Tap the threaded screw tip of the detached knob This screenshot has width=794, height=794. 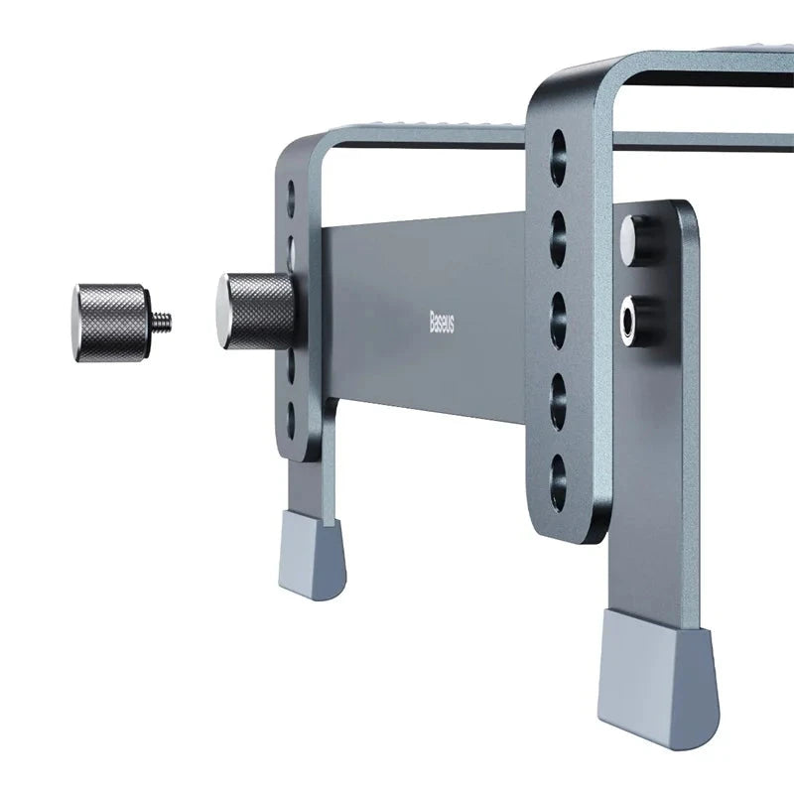pos(164,319)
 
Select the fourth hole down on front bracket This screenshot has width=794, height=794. pos(559,387)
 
